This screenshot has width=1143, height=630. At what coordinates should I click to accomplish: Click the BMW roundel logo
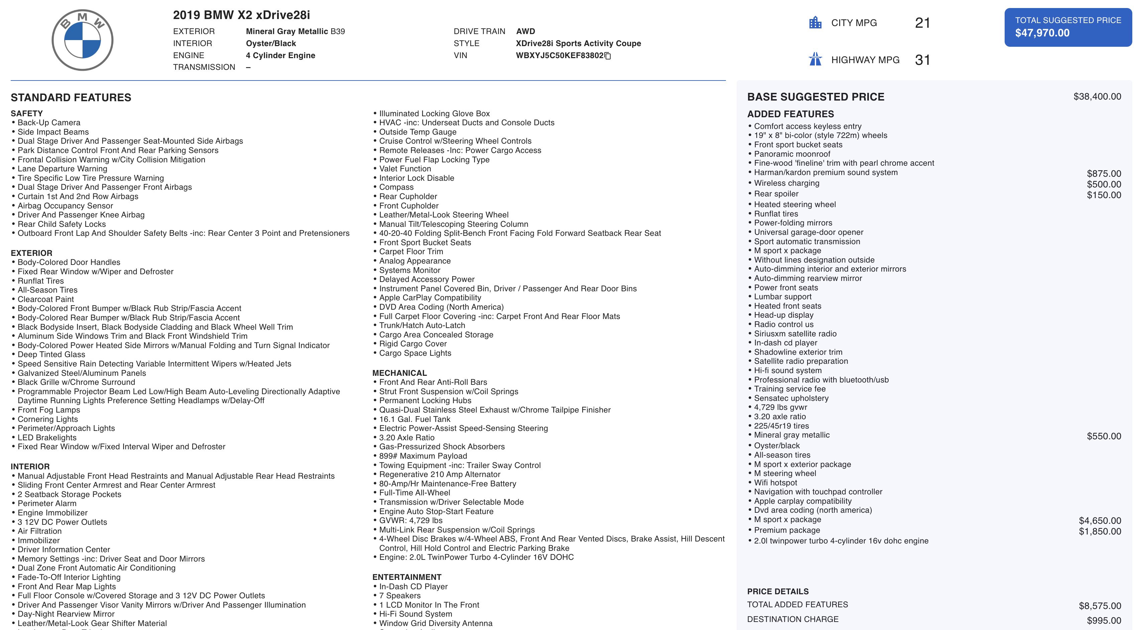(x=83, y=40)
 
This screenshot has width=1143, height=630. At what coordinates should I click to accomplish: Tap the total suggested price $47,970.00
(x=1042, y=33)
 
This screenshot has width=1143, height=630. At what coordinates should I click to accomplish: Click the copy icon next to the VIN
(x=608, y=56)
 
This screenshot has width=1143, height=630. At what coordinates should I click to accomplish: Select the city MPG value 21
(x=922, y=23)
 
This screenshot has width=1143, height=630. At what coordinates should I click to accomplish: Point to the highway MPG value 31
(x=922, y=60)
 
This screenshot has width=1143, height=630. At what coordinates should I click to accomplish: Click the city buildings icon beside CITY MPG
(x=815, y=23)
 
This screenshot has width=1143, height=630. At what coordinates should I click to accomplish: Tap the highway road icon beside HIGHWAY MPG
(x=815, y=59)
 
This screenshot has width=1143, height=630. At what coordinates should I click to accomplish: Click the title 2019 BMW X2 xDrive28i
(x=241, y=15)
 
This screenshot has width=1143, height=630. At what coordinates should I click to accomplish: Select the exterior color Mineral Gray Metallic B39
(x=295, y=31)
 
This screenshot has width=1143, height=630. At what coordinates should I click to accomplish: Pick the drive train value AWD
(x=525, y=31)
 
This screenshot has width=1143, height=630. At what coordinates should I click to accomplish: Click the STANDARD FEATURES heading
(x=71, y=98)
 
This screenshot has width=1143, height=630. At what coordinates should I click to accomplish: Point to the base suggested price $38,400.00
(x=1097, y=97)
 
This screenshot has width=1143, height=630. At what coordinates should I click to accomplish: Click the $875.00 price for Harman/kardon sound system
(x=1104, y=174)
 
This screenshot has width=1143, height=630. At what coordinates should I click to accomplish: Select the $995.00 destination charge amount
(x=1104, y=621)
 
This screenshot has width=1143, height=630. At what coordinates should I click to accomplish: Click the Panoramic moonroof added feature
(x=792, y=154)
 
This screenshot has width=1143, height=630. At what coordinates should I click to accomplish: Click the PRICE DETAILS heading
(x=778, y=592)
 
